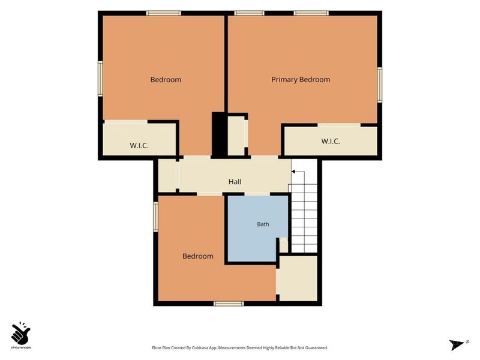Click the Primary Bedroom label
coord(301,80)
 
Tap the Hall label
coord(235,182)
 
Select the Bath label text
coord(263,224)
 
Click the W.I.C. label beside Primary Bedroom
coord(331,141)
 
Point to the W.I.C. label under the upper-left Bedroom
coord(139,145)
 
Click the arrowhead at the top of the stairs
coord(293,172)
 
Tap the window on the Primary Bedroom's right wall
coord(380,85)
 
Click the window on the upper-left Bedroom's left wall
coord(100,79)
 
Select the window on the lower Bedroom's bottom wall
coord(229,304)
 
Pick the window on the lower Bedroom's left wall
coord(155,217)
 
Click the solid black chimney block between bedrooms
coord(219,134)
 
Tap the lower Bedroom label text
coord(198,256)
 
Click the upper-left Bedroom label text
coord(166,80)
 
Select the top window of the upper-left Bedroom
coord(163,13)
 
